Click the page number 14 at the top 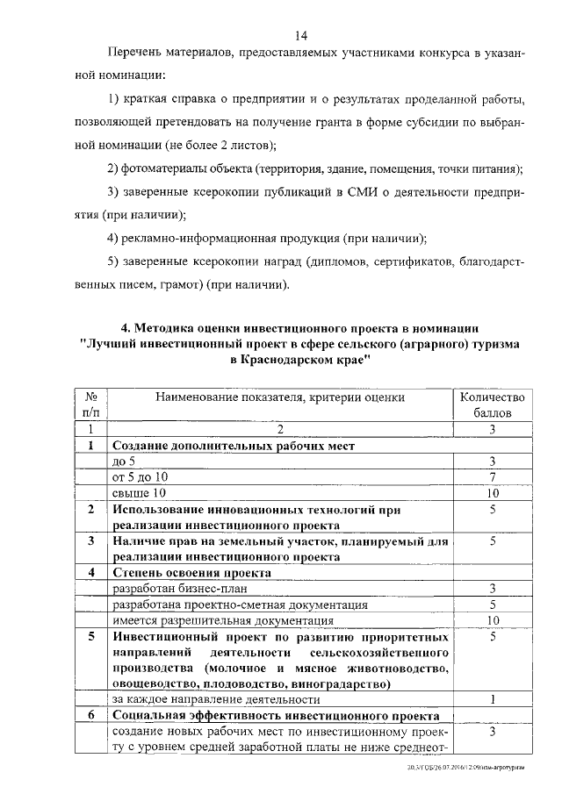(x=300, y=35)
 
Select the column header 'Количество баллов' (x=493, y=404)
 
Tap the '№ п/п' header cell (x=90, y=404)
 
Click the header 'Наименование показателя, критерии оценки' (x=279, y=397)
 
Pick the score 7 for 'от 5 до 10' (x=494, y=476)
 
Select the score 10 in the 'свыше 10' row (x=494, y=493)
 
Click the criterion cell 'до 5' (x=125, y=461)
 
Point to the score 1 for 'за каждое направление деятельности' (x=494, y=699)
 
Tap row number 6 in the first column (x=90, y=715)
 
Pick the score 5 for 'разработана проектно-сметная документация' (x=494, y=604)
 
